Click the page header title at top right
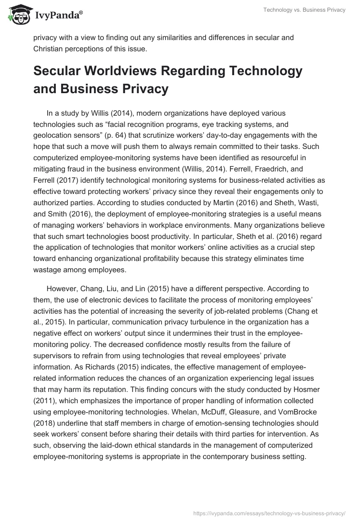click(305, 10)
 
